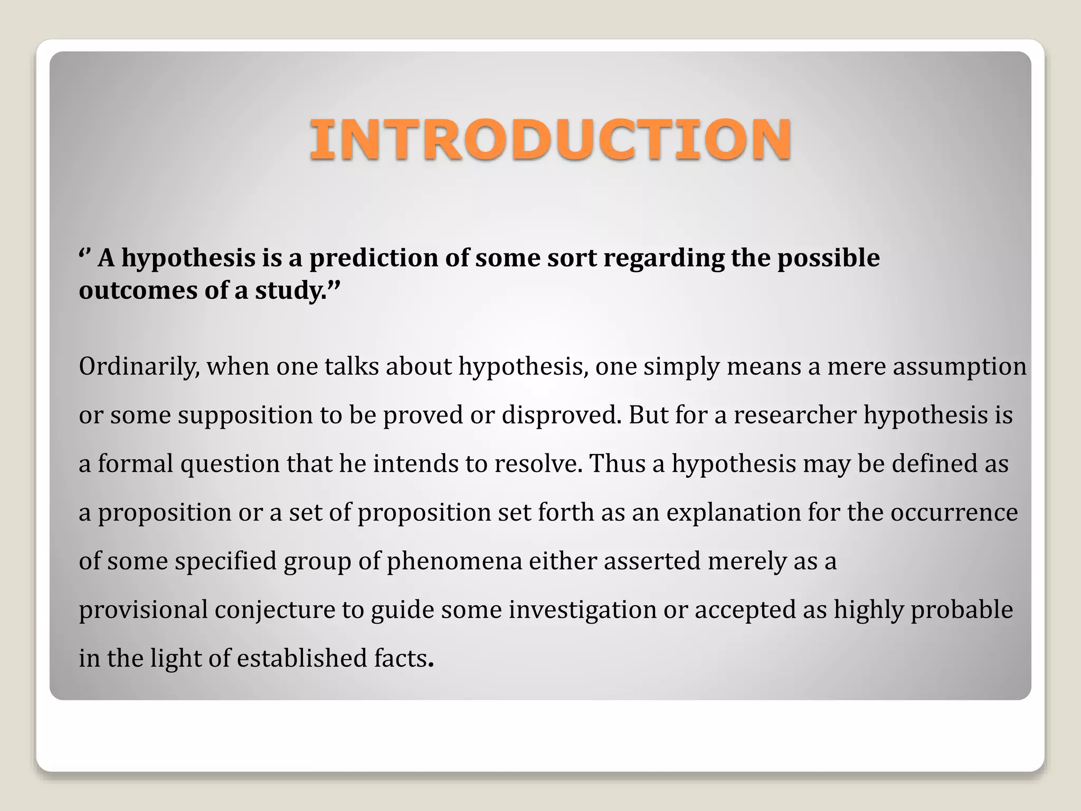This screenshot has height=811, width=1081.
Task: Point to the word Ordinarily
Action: tap(139, 367)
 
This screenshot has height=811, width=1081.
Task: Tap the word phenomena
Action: tap(454, 561)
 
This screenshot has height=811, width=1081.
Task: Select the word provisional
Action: tap(143, 610)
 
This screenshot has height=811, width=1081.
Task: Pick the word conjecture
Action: tap(274, 610)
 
